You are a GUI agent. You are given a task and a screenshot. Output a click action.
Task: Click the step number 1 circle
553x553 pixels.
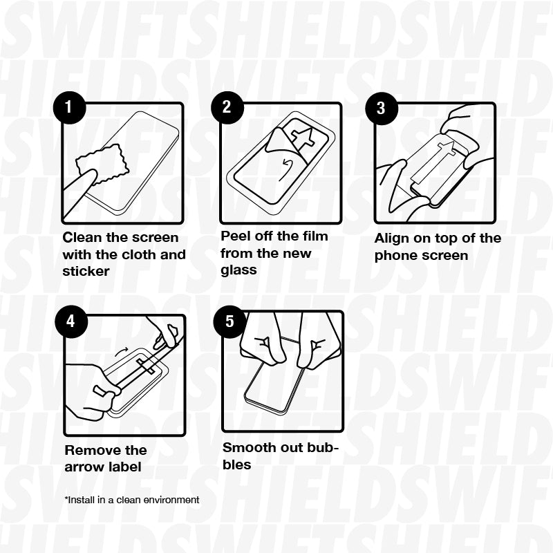(68, 107)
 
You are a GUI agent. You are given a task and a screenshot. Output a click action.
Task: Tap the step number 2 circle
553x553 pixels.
(226, 107)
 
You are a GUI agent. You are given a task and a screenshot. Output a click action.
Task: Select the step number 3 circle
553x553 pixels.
(380, 108)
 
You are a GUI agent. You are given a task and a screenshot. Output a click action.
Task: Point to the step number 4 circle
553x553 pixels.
(71, 321)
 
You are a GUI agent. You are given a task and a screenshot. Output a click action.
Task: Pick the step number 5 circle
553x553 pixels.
(229, 321)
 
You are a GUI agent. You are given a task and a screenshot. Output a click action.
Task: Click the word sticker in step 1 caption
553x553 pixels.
(86, 271)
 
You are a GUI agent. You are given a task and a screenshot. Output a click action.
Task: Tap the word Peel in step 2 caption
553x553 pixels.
(236, 236)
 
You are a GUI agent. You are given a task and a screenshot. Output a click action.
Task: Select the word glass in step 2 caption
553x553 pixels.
(238, 270)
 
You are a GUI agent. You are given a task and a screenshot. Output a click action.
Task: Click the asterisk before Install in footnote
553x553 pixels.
(66, 498)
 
